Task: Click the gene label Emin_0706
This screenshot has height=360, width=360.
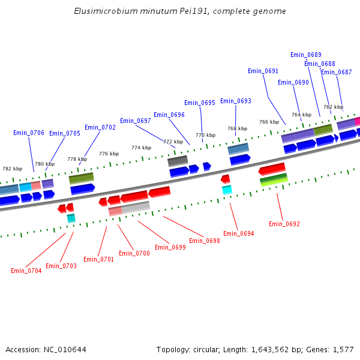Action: click(x=29, y=133)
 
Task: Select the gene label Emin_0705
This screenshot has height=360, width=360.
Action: click(x=65, y=133)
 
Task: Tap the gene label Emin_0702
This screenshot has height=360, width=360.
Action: click(x=100, y=127)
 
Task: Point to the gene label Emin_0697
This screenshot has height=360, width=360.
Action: click(x=136, y=121)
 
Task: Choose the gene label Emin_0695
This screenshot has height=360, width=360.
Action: click(x=200, y=103)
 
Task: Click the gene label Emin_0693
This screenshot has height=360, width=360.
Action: click(x=236, y=101)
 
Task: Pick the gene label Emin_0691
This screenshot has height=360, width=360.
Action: click(x=263, y=71)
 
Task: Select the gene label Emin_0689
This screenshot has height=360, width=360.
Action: click(x=306, y=55)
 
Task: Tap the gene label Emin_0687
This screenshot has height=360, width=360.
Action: click(x=337, y=72)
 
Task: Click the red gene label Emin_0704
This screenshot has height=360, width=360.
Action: click(x=26, y=271)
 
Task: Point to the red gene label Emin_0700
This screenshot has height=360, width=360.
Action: click(x=134, y=253)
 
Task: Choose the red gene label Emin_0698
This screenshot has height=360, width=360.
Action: click(x=205, y=241)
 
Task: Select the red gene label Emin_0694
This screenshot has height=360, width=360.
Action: click(x=239, y=233)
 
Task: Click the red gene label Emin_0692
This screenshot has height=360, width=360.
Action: click(x=284, y=224)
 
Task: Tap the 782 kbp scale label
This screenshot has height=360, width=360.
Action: click(x=13, y=169)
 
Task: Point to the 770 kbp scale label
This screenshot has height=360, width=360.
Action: click(x=205, y=135)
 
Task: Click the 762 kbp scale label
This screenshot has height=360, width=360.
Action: click(x=333, y=107)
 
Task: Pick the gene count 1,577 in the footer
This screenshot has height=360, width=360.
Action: click(x=344, y=349)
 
